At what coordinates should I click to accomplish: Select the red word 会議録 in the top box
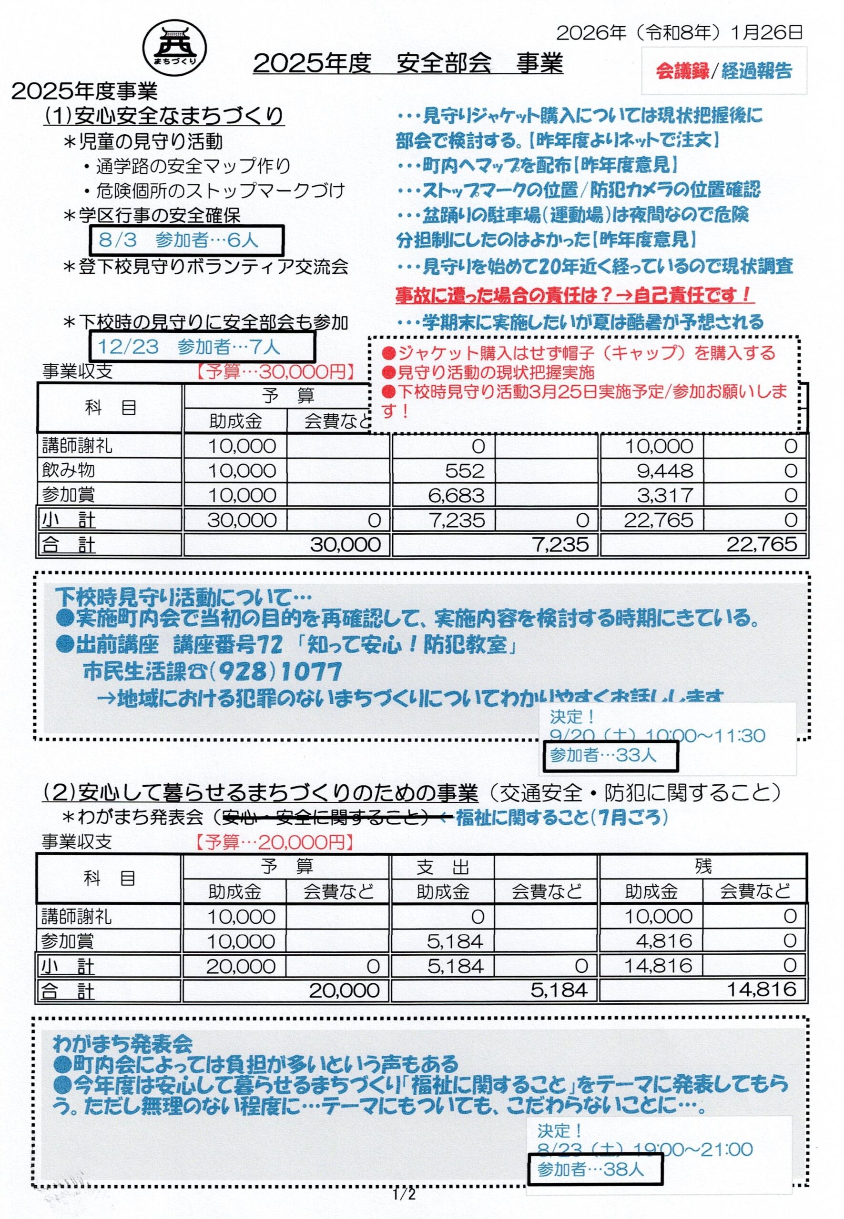[x=682, y=71]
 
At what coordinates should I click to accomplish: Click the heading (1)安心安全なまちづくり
[x=163, y=115]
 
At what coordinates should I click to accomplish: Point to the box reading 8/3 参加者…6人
[x=187, y=240]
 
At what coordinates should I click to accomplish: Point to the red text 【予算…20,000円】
[x=274, y=842]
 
